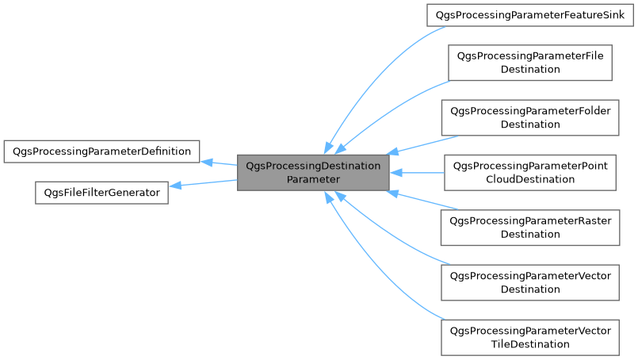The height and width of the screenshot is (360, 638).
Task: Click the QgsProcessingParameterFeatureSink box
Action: [529, 15]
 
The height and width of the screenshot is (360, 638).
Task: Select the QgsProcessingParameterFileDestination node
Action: [530, 62]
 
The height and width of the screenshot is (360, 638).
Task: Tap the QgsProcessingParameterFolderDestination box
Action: [530, 117]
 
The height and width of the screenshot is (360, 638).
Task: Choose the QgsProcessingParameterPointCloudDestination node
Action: [530, 172]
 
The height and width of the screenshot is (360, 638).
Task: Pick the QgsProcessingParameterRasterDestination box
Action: [530, 227]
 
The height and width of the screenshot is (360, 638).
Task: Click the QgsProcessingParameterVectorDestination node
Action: [530, 282]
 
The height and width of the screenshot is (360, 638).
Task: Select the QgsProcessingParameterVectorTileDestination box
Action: [530, 337]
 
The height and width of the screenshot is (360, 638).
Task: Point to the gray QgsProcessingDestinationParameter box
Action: [313, 173]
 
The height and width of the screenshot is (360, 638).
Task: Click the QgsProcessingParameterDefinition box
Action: [101, 151]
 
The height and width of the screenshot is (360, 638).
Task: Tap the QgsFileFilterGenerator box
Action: [101, 192]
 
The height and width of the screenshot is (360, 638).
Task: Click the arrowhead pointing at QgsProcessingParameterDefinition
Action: [205, 162]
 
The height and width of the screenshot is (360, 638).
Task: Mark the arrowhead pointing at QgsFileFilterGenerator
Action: [175, 186]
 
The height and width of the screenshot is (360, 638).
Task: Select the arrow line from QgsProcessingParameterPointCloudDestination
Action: [420, 172]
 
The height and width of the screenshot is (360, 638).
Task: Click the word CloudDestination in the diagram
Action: [530, 179]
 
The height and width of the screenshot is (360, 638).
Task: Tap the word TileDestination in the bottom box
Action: [530, 344]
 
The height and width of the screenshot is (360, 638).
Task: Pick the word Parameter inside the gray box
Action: [313, 180]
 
